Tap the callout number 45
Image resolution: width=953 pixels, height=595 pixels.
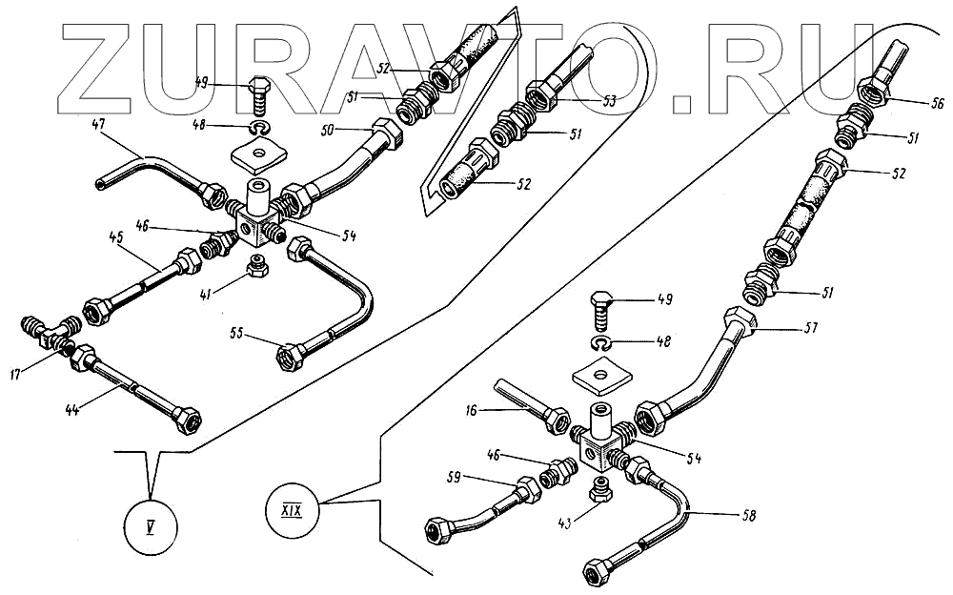118,237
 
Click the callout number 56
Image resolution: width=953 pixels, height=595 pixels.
911,104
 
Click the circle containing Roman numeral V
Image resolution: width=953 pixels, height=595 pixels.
152,524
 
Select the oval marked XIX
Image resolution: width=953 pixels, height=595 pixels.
292,499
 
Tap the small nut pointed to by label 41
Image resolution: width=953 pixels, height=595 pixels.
255,265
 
